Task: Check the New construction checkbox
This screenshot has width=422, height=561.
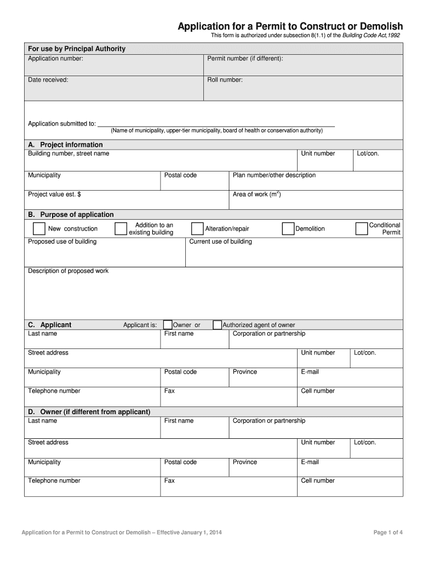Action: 39,228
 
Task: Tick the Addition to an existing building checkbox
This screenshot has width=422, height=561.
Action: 121,228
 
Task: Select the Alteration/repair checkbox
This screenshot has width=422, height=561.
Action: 197,228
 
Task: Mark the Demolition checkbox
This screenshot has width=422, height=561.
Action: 288,228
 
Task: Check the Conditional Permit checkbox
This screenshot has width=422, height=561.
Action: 362,228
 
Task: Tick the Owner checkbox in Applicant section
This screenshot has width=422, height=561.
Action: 168,325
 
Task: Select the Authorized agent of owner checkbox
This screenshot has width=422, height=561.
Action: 217,325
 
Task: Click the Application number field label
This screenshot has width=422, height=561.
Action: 55,58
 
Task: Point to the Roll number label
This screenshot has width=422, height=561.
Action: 225,79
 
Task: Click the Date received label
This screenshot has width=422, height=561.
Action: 48,79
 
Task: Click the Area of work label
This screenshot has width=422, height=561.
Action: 256,194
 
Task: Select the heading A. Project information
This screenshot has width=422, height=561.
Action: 65,145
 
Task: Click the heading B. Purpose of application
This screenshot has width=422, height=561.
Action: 71,214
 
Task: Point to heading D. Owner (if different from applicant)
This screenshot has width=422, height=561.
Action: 89,411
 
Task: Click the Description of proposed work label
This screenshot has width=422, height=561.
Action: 68,271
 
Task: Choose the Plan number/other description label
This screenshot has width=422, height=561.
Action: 274,175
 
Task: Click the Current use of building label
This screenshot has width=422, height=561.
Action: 220,242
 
